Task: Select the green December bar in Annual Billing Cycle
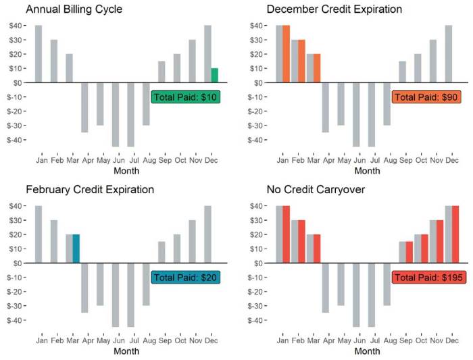pyautogui.click(x=214, y=75)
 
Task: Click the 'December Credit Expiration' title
pyautogui.click(x=334, y=9)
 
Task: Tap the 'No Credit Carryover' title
pyautogui.click(x=316, y=190)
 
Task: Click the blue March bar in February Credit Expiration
pyautogui.click(x=76, y=249)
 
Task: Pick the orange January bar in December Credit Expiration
pyautogui.click(x=287, y=54)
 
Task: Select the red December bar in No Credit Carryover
pyautogui.click(x=455, y=234)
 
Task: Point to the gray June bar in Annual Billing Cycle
pyautogui.click(x=116, y=114)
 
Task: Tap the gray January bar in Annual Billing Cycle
pyautogui.click(x=39, y=54)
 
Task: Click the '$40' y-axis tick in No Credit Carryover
pyautogui.click(x=259, y=205)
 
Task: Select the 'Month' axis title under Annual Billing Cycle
pyautogui.click(x=126, y=171)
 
